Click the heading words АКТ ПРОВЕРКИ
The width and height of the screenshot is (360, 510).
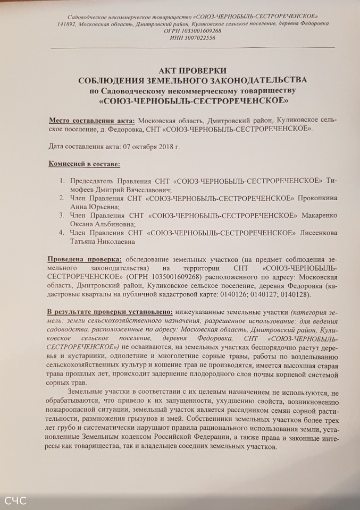193,70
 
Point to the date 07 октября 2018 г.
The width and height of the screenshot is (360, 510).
159,146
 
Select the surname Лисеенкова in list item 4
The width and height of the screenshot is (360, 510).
318,233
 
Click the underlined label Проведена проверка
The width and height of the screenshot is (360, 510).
85,259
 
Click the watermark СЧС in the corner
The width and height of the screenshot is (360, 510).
15,500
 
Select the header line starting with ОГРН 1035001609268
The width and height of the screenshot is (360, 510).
193,31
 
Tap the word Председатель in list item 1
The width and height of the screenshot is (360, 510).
95,181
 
